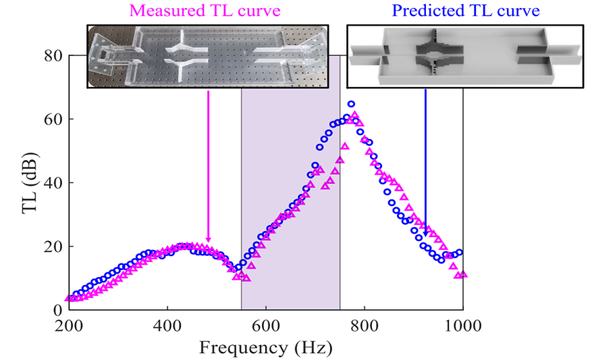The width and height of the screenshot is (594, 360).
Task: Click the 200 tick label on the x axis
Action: click(x=68, y=326)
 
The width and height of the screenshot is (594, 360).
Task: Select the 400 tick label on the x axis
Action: click(x=167, y=326)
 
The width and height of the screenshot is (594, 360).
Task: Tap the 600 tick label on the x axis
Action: click(x=265, y=326)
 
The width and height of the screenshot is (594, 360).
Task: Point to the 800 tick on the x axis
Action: click(x=364, y=326)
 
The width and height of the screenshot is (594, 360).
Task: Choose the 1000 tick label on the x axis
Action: click(x=462, y=326)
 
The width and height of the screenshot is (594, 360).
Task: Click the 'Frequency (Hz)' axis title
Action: click(x=265, y=349)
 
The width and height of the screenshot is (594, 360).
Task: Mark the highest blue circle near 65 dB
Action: click(x=351, y=105)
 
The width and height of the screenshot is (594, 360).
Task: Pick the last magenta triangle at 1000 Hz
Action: click(x=464, y=275)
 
